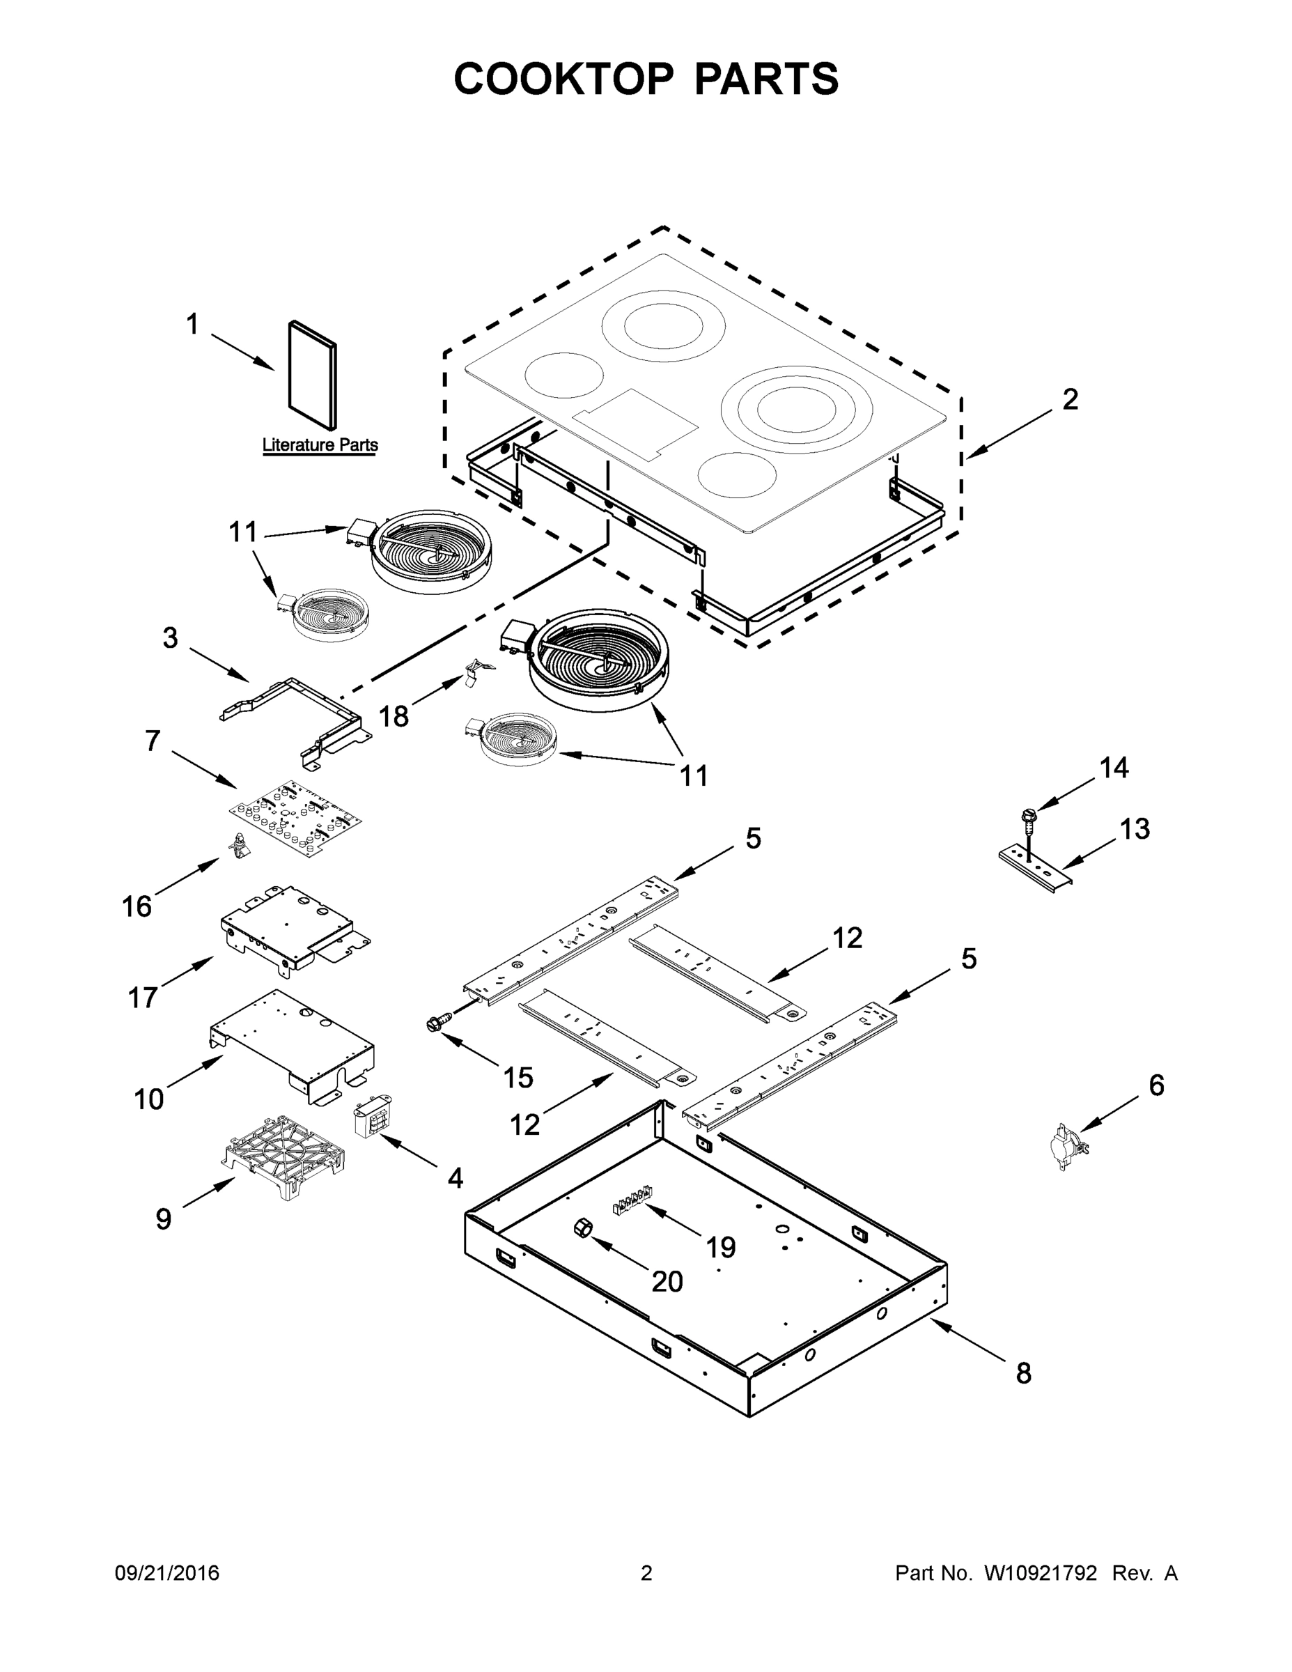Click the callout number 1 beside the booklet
click(x=192, y=325)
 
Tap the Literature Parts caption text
click(x=320, y=444)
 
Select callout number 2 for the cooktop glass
click(x=1069, y=400)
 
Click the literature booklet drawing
click(x=312, y=374)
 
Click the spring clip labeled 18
click(x=477, y=671)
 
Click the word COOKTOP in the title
click(x=564, y=79)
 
